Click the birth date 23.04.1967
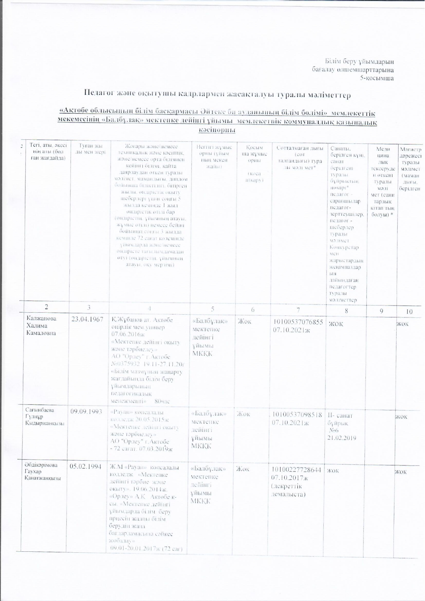[87, 320]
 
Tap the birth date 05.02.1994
[86, 466]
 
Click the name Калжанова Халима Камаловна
[41, 325]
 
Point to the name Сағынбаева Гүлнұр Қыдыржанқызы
[44, 416]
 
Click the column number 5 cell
[212, 309]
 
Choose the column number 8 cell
[346, 311]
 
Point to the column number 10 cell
[409, 311]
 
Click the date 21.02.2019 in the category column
[342, 438]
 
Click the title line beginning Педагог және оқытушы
[218, 95]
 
